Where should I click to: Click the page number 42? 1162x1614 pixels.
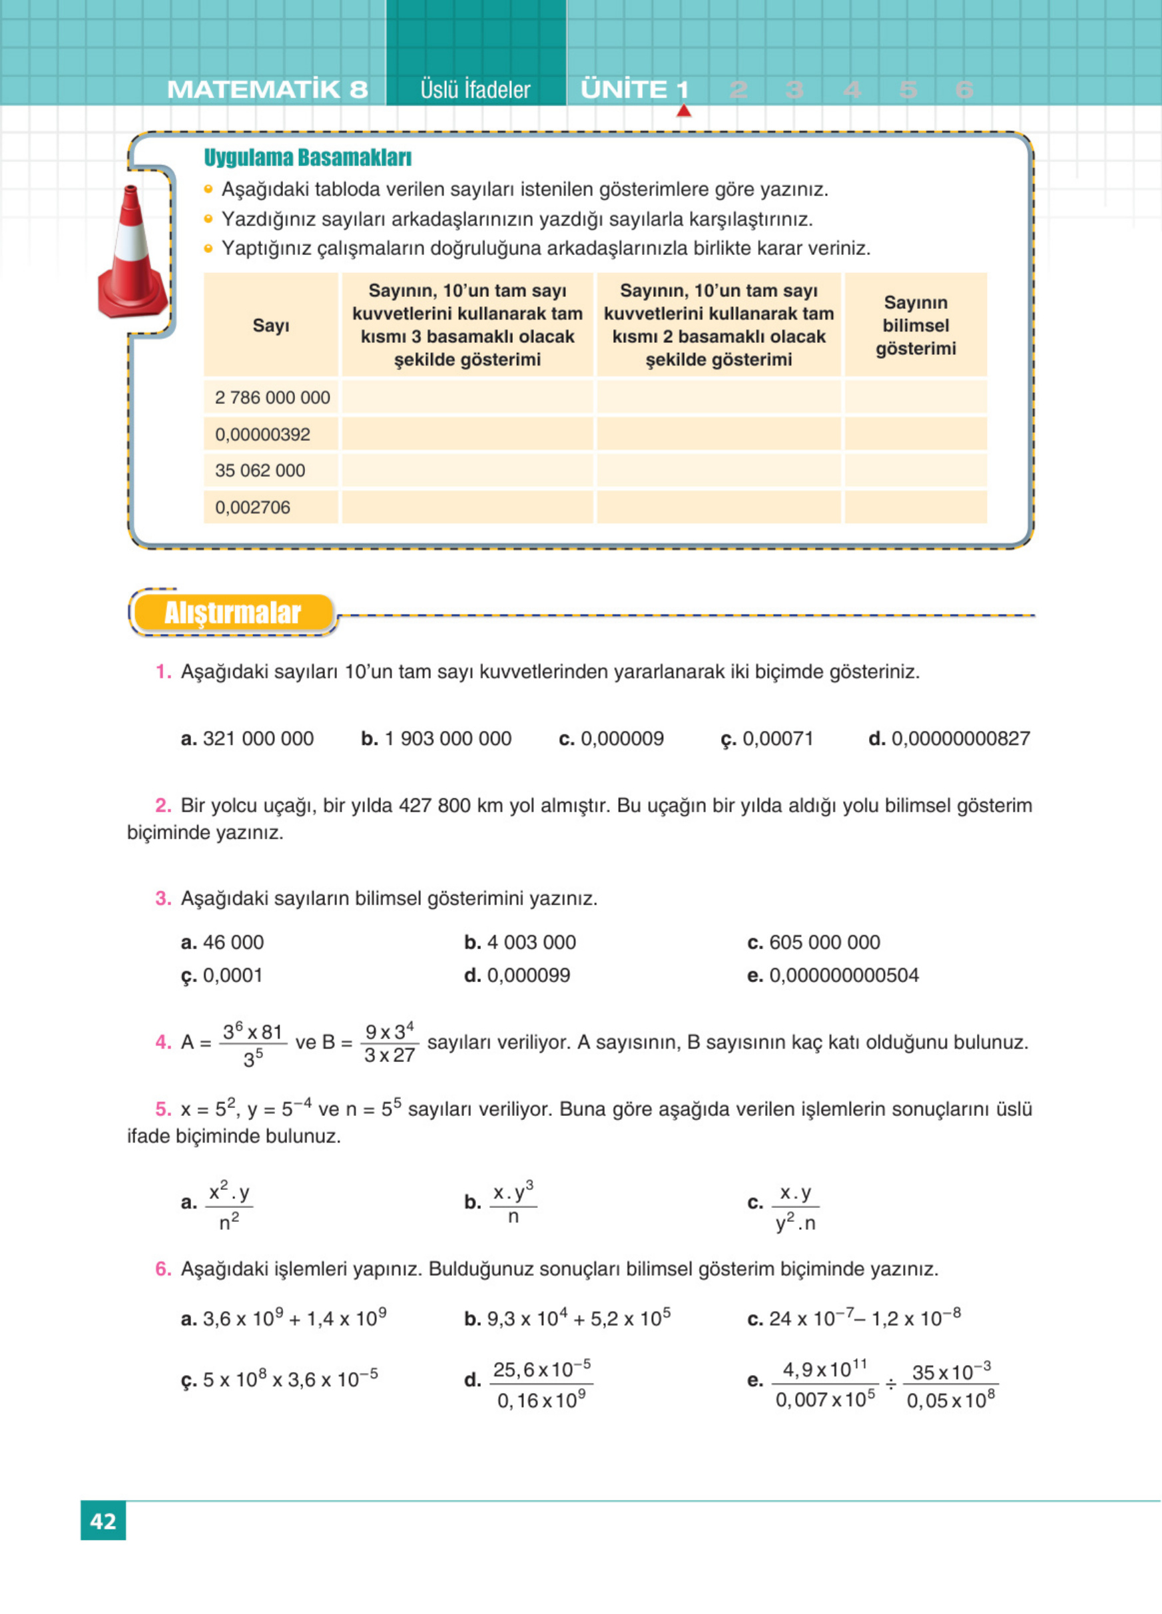pos(103,1521)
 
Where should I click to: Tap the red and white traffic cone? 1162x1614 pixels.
pos(133,256)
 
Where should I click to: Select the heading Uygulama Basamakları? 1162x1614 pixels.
pos(308,158)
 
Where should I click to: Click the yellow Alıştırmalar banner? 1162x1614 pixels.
pos(232,613)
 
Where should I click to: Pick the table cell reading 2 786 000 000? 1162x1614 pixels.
pos(272,397)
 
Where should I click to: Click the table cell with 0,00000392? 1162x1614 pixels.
pos(262,434)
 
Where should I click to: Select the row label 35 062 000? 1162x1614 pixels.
pos(260,470)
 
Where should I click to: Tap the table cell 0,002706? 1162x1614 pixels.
pos(252,507)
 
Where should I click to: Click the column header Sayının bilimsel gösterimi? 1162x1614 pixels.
pos(915,325)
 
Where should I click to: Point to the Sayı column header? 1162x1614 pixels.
pos(270,325)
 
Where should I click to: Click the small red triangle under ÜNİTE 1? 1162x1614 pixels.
pos(684,111)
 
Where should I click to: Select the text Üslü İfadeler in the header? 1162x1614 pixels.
pos(475,90)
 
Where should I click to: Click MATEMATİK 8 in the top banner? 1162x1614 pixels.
pos(268,90)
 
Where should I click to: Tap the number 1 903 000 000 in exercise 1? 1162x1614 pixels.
pos(447,738)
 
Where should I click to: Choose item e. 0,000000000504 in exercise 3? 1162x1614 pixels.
pos(843,975)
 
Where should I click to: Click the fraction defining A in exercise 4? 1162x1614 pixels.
pos(252,1043)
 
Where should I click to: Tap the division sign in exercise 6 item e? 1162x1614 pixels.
pos(890,1385)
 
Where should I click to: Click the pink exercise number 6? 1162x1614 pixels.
pos(163,1269)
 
